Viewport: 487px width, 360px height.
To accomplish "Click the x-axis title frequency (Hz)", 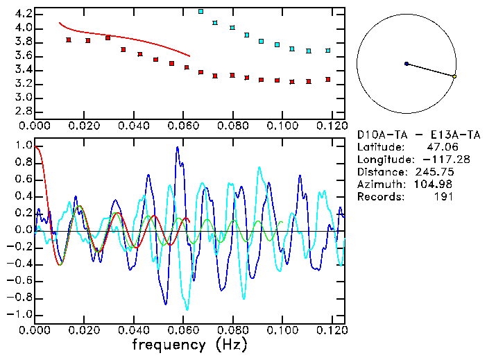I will [189, 344].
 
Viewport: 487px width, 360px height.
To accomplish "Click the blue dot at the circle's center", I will [407, 64].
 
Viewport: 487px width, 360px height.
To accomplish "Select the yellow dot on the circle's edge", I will [454, 76].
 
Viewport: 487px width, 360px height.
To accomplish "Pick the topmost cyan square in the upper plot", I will [201, 12].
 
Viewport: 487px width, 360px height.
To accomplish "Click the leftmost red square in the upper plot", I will [69, 40].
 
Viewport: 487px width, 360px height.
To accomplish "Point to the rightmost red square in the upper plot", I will [328, 80].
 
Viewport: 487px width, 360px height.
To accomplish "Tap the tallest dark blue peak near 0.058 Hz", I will [178, 148].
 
